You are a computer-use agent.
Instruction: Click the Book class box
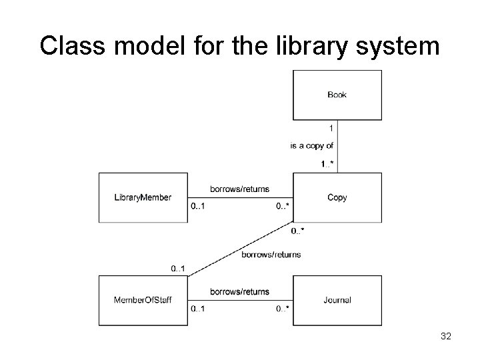pyautogui.click(x=337, y=95)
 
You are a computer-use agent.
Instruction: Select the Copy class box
pyautogui.click(x=337, y=197)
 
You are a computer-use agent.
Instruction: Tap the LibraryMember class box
pyautogui.click(x=143, y=197)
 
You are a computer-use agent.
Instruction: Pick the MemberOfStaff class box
pyautogui.click(x=143, y=300)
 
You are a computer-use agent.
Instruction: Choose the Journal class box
pyautogui.click(x=337, y=300)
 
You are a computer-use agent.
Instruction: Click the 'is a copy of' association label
pyautogui.click(x=312, y=145)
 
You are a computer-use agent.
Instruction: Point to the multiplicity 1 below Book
pyautogui.click(x=331, y=128)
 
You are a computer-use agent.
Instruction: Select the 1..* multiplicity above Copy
pyautogui.click(x=327, y=163)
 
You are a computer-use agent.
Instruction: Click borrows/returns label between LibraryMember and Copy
pyautogui.click(x=239, y=189)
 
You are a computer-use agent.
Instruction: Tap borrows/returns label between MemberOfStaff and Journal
pyautogui.click(x=239, y=291)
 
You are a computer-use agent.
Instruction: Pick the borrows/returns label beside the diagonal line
pyautogui.click(x=271, y=254)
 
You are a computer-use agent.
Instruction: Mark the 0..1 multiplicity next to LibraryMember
pyautogui.click(x=197, y=206)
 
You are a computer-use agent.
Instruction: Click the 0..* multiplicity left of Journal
pyautogui.click(x=282, y=309)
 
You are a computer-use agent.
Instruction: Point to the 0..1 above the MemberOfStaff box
pyautogui.click(x=178, y=268)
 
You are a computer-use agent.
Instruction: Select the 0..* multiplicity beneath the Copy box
pyautogui.click(x=298, y=231)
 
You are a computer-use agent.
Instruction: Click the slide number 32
pyautogui.click(x=446, y=337)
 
